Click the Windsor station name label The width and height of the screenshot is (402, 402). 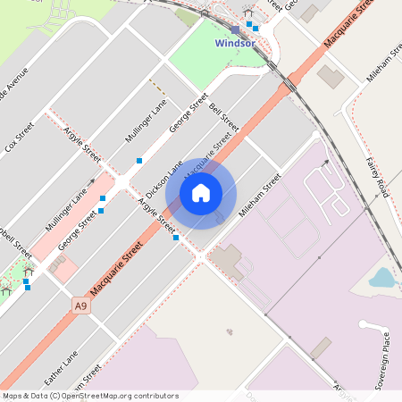(235, 43)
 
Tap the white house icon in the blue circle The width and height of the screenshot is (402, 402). (201, 192)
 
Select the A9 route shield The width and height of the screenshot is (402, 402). (81, 306)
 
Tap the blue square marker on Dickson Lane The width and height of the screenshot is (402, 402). (139, 161)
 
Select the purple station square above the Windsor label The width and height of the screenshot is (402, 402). (235, 29)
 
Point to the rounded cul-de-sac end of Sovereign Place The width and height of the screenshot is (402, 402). (364, 324)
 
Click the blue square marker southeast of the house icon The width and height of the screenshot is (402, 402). (176, 238)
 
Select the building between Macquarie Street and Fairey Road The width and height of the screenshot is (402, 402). (331, 77)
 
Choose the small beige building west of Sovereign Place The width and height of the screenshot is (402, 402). (321, 347)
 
